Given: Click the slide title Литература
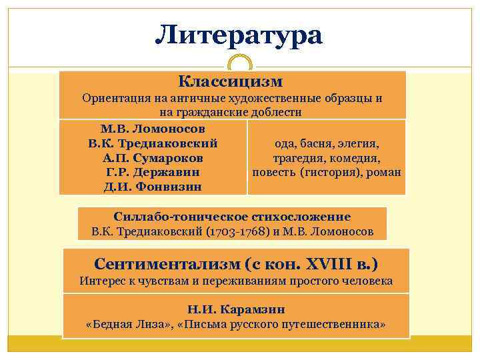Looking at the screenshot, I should pos(239,35).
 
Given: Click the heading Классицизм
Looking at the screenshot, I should pos(231,81).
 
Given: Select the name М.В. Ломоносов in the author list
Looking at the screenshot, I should pos(153,128).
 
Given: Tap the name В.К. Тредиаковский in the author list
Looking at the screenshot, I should pos(153,143).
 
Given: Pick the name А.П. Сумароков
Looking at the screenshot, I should pos(153,158).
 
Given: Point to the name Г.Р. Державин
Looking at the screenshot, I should pos(153,173).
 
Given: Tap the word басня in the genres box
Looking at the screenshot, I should pos(317,143).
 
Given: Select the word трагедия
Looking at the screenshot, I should pos(298,159).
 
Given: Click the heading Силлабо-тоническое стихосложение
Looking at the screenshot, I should pos(232,217).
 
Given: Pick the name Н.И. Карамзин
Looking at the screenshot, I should pos(236,309).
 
